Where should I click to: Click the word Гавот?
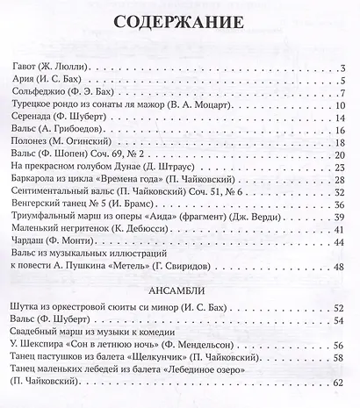pos(24,68)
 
